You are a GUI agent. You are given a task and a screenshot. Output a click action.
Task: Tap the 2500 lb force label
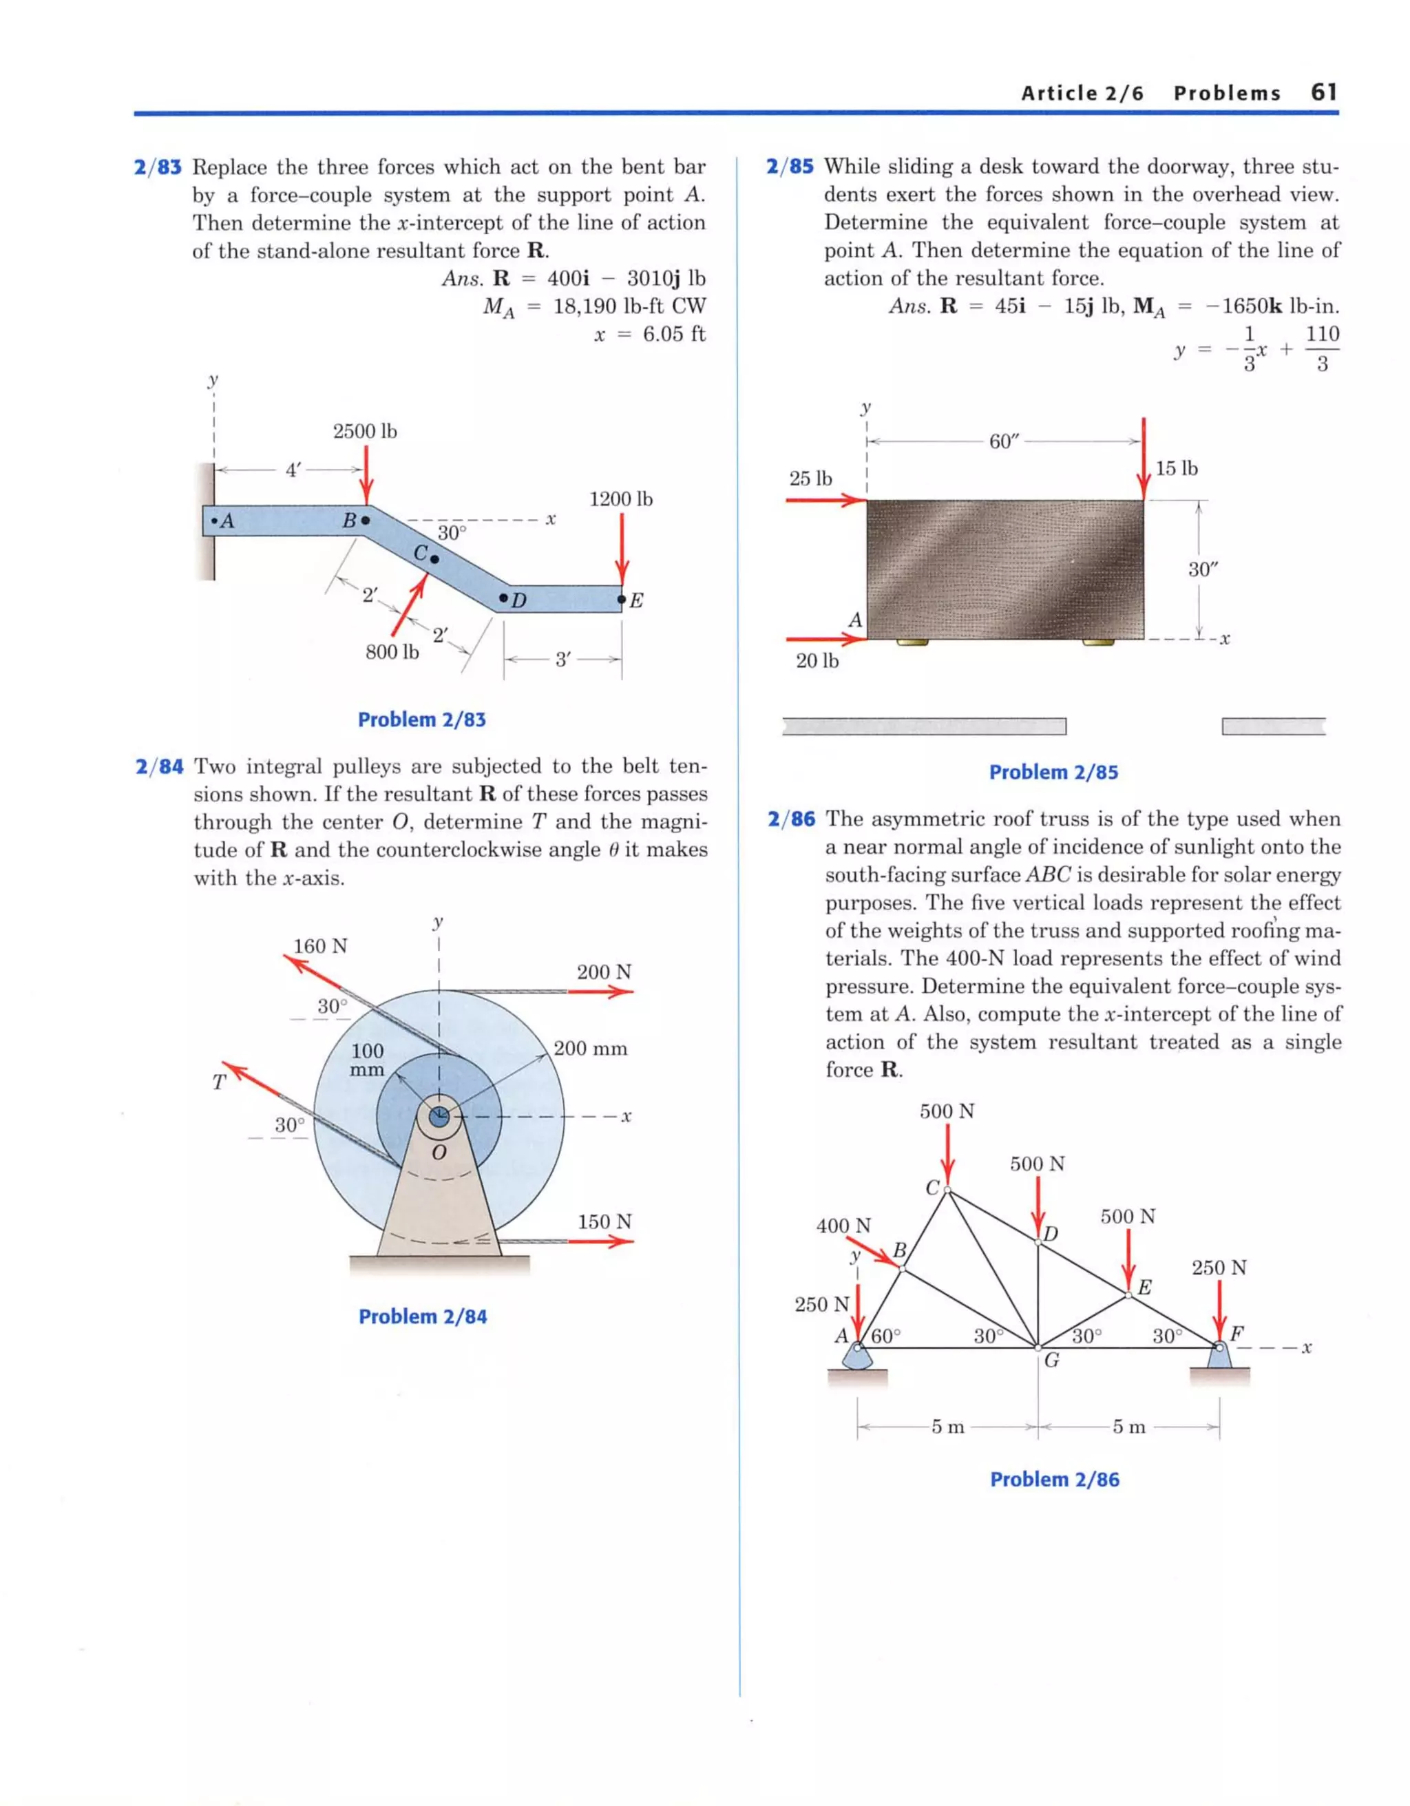coord(365,431)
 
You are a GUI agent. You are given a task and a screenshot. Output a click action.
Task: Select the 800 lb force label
coord(392,653)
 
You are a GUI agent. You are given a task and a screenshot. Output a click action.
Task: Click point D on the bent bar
coord(513,599)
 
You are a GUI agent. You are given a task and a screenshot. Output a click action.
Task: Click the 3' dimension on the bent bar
coord(562,660)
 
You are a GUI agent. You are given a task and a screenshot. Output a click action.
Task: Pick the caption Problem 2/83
coord(422,720)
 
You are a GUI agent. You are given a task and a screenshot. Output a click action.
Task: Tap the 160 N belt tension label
coord(320,946)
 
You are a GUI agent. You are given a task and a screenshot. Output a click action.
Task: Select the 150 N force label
coord(604,1221)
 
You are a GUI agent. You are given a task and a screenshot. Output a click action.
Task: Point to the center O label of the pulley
coord(439,1152)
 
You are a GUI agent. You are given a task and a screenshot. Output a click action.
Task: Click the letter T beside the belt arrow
coord(218,1082)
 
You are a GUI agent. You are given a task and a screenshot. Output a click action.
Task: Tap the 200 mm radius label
coord(591,1049)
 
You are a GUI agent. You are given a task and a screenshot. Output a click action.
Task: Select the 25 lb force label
coord(810,479)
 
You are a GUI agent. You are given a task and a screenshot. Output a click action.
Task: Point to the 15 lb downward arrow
coord(1144,459)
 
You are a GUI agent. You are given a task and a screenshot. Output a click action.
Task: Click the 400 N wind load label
coord(843,1226)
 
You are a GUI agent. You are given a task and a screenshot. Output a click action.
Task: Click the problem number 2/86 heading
coord(790,819)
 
